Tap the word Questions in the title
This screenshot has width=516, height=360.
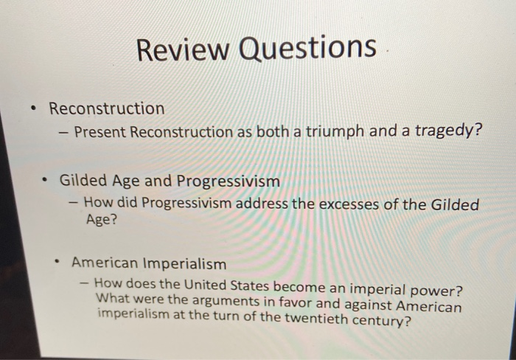pos(308,49)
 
